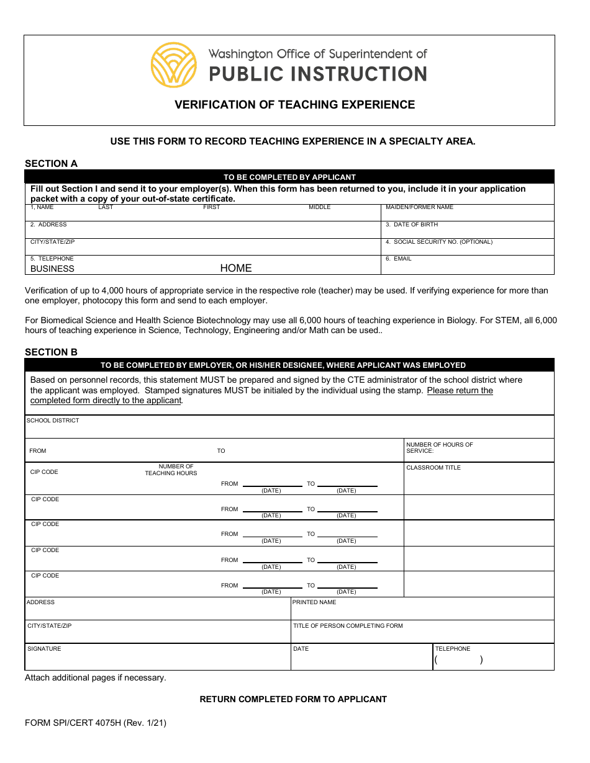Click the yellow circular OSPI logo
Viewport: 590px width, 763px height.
(174, 65)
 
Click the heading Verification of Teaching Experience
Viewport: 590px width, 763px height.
(294, 105)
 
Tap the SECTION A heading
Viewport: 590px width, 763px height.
(51, 164)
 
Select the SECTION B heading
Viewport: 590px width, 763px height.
(51, 352)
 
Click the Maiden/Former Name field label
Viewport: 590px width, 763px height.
(419, 207)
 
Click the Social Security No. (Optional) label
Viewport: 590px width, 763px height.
(438, 242)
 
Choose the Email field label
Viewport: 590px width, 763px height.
(399, 259)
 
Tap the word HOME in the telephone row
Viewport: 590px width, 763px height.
(236, 269)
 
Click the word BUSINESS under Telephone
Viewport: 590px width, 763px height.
(52, 269)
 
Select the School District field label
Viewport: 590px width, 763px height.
(53, 421)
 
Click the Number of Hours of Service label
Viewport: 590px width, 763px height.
(439, 447)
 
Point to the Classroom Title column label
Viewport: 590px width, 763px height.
(433, 468)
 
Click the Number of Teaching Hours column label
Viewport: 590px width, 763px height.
(171, 470)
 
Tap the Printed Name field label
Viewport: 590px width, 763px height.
(314, 602)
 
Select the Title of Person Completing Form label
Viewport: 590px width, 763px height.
(348, 626)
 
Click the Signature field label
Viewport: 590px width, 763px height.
(44, 649)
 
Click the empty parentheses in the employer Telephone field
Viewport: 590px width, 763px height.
(458, 660)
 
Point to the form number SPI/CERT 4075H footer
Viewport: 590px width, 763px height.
(96, 723)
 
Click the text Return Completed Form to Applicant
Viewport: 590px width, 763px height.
(293, 699)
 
